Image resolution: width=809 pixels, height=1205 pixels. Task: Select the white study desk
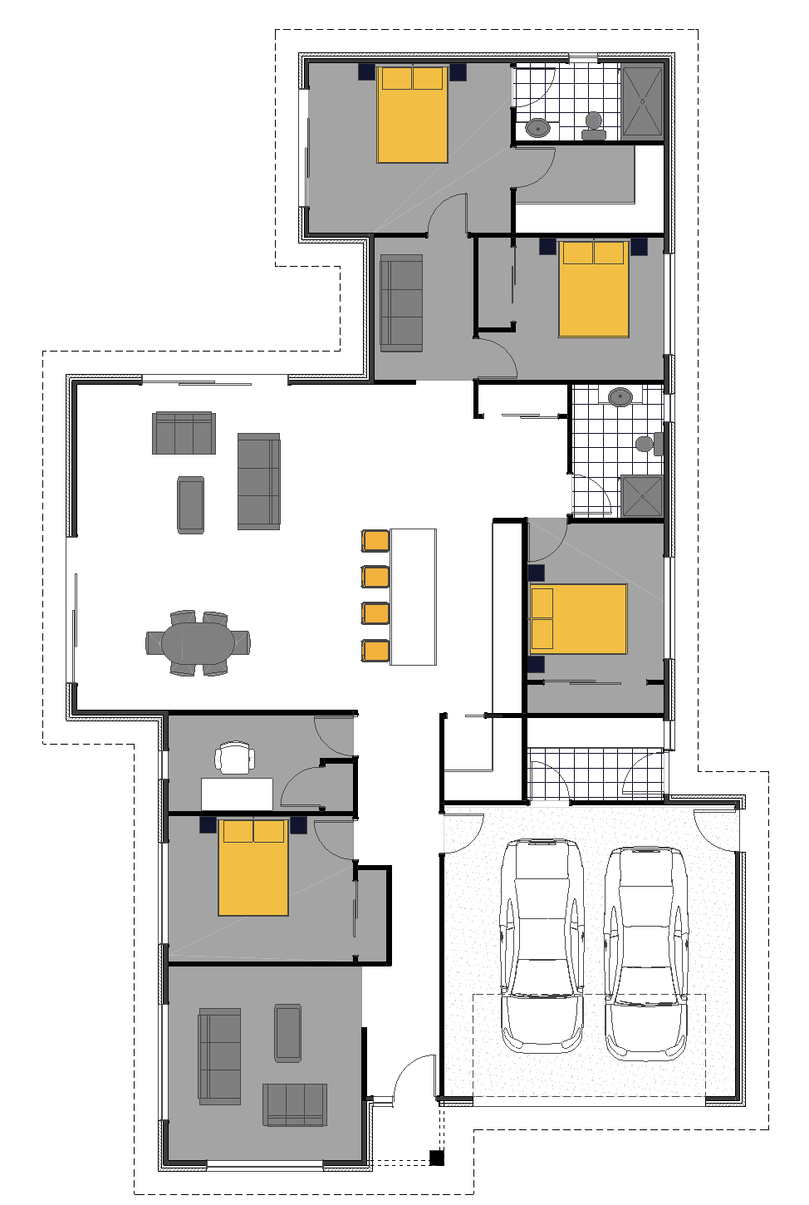coord(237,794)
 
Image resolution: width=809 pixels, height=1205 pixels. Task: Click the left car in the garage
coord(542,943)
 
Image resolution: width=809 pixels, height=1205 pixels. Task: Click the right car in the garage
coord(645,952)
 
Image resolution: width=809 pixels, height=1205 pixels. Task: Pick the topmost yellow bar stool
coord(375,540)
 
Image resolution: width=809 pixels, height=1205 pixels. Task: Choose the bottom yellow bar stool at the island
coord(375,650)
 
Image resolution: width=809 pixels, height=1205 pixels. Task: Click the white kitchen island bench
coord(413,597)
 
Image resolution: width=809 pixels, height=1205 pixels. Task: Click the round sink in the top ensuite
coord(538,127)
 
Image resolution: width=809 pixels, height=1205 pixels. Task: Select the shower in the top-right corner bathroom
coord(642,101)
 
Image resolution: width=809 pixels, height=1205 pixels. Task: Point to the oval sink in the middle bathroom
coord(620,397)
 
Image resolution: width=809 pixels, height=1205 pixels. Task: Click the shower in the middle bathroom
coord(642,496)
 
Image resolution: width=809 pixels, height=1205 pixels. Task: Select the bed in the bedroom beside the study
coord(253,868)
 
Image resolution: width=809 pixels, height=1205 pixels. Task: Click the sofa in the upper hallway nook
coord(401,303)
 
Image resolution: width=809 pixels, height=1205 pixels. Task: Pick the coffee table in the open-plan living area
coord(191,504)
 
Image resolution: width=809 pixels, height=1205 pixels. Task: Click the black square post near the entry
coord(437,1158)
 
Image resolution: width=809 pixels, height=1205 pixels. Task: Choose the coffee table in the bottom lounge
coord(288,1033)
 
